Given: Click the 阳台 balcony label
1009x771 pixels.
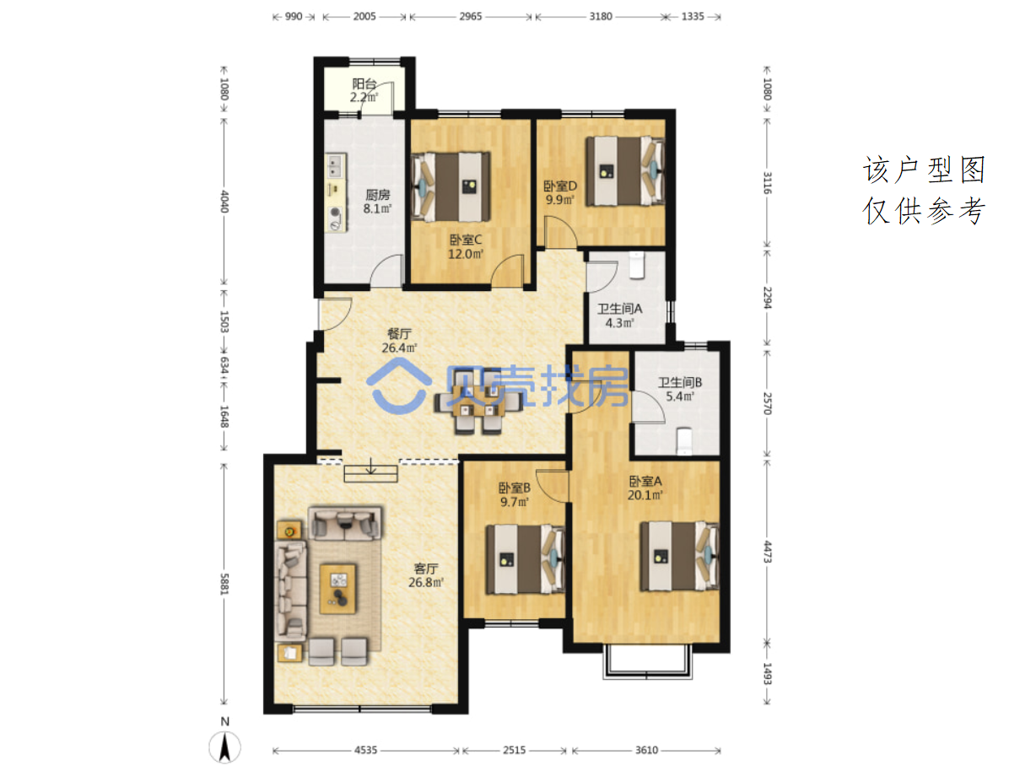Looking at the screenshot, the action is click(364, 84).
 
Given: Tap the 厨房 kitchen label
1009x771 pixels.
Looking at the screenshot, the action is click(378, 194).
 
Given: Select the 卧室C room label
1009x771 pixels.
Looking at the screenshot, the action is click(465, 240).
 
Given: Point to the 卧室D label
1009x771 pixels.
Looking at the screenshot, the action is click(560, 186).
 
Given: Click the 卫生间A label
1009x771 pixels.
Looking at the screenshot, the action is click(620, 309).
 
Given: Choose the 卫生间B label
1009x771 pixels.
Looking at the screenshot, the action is click(679, 382).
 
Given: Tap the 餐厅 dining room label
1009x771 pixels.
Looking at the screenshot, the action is click(399, 333).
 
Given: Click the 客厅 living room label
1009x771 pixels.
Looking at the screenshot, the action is click(426, 569).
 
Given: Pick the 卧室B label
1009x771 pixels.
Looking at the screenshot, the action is click(515, 488).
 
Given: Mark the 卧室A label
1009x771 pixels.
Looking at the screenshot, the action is click(645, 481).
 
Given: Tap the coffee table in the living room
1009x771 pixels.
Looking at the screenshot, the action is click(338, 588).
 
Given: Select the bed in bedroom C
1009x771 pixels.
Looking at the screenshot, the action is click(451, 186).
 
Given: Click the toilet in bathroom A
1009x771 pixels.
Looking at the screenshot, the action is click(636, 265).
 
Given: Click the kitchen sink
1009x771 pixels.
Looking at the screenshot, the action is click(335, 165).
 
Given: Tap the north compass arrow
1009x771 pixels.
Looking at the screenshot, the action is click(225, 748).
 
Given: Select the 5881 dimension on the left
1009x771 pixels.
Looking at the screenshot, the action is click(224, 584).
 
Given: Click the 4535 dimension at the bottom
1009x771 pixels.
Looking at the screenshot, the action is click(365, 750).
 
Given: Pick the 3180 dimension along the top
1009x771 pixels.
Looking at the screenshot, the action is click(601, 16).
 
